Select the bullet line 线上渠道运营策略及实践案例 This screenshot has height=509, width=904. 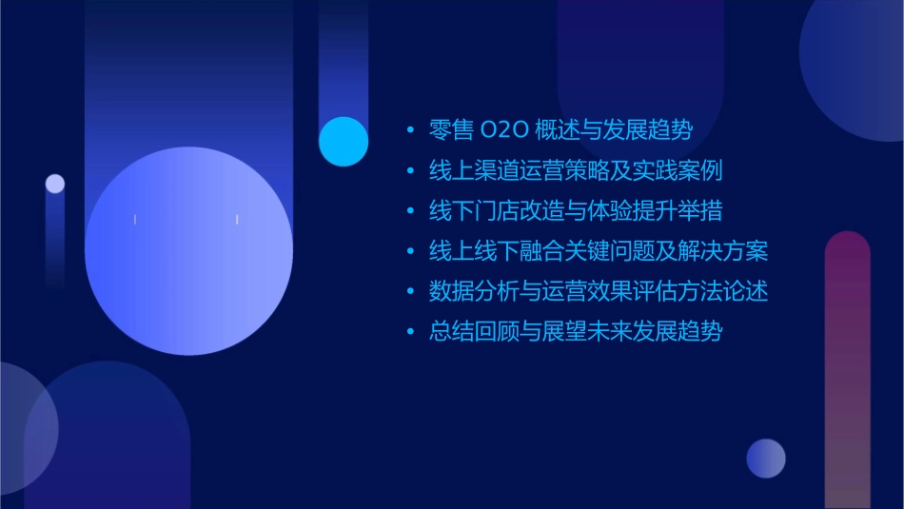(x=576, y=171)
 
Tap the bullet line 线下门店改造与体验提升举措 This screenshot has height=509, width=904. (x=576, y=211)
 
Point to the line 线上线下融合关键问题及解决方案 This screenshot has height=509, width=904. (x=599, y=251)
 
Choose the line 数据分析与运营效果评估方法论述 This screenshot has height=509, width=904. (x=599, y=291)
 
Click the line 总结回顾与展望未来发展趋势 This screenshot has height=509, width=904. (x=576, y=332)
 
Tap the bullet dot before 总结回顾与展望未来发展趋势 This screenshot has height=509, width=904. (x=410, y=332)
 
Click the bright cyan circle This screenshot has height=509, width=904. (x=344, y=142)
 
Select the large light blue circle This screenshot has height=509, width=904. (x=188, y=251)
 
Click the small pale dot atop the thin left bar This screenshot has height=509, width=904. (x=55, y=184)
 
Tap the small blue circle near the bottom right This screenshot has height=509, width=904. (x=766, y=458)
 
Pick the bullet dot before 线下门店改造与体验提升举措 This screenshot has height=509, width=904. (x=410, y=211)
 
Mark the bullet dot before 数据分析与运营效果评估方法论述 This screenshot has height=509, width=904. (x=410, y=292)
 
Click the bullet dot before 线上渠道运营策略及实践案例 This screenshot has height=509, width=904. (x=410, y=171)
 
